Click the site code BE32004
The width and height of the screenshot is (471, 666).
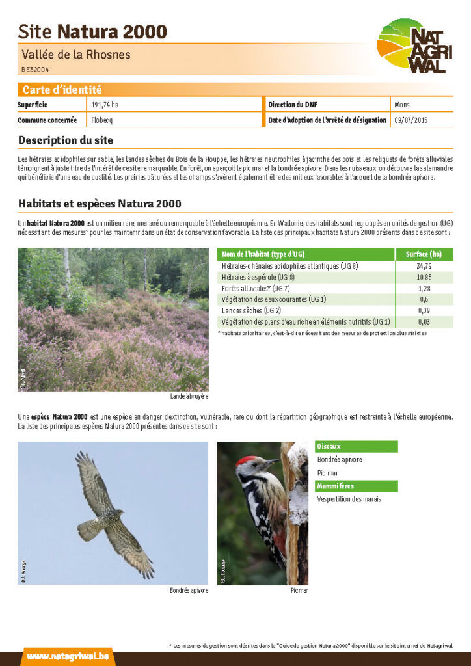[34, 69]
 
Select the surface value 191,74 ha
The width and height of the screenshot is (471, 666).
[105, 105]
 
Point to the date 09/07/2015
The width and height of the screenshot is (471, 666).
[411, 120]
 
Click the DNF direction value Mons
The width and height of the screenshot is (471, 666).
[402, 105]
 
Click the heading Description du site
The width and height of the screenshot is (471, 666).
[65, 140]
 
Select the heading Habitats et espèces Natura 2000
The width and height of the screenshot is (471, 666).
[100, 204]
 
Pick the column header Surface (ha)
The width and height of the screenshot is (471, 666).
[424, 254]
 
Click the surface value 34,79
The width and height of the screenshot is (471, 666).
[424, 266]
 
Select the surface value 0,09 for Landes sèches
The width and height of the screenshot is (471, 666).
[424, 310]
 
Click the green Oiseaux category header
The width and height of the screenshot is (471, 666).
[329, 447]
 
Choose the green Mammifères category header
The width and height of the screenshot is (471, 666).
[336, 486]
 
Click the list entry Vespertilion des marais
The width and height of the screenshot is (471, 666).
[349, 499]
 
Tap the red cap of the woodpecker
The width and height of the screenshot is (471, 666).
[245, 460]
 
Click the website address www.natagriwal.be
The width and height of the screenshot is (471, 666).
[68, 656]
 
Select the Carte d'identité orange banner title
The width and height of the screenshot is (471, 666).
[62, 90]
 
